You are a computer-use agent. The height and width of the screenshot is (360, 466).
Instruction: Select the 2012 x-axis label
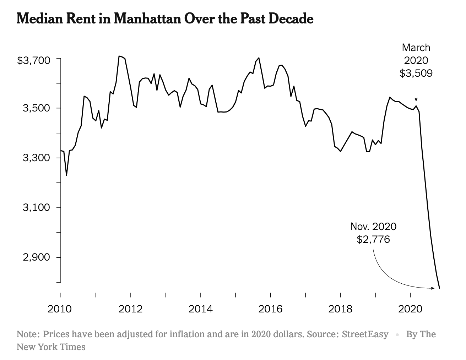click(x=130, y=309)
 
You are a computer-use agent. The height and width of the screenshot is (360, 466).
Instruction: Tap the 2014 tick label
click(x=200, y=309)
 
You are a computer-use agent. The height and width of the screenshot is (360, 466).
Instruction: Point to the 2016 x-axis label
click(x=270, y=309)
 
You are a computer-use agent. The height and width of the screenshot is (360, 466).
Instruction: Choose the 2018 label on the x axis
click(x=340, y=309)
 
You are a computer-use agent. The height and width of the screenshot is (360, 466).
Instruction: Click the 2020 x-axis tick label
click(x=410, y=309)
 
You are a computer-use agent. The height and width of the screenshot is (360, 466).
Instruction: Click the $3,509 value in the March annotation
click(x=416, y=73)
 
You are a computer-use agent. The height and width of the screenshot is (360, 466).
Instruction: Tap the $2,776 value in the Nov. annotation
click(x=373, y=239)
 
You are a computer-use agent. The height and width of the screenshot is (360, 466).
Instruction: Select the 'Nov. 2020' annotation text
click(x=373, y=227)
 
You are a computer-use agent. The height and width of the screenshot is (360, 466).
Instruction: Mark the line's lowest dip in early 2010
click(x=66, y=175)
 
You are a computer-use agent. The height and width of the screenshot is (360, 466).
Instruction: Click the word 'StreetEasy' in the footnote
click(x=365, y=334)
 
